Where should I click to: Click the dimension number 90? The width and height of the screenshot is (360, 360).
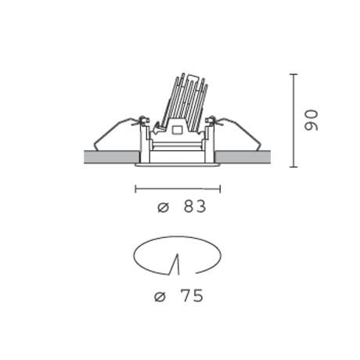311,121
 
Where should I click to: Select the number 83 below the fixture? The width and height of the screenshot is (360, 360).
195,207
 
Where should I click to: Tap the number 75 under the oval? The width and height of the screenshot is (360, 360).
193,296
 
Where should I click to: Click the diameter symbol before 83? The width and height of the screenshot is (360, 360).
164,207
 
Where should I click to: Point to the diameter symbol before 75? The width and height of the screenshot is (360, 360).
160,297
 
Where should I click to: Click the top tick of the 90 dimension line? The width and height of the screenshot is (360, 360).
293,74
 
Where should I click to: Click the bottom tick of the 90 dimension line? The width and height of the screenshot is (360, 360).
293,167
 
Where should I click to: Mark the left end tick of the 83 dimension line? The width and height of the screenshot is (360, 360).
135,189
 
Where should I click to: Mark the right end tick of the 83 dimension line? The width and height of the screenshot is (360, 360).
221,189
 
